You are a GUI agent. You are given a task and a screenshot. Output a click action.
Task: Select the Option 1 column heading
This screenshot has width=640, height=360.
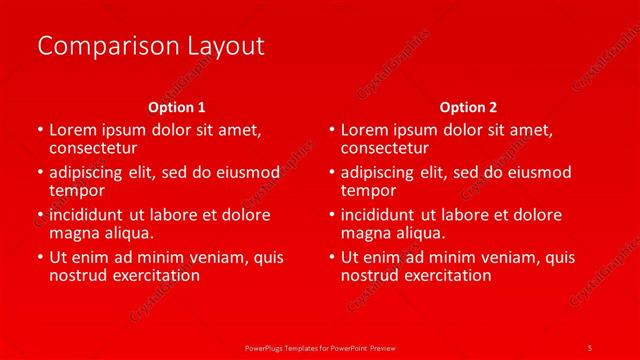coord(177,107)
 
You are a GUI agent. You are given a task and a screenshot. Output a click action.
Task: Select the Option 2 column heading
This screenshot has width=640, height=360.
coord(468,107)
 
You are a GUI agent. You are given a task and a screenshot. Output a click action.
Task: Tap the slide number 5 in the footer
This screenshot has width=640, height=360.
coord(590,347)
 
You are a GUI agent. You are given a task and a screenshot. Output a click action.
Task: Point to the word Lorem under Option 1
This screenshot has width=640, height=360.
coord(73,130)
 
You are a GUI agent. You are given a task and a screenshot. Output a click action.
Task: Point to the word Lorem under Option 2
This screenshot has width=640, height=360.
coord(365,130)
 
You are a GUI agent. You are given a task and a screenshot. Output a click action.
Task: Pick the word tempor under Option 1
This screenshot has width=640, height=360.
coord(76,190)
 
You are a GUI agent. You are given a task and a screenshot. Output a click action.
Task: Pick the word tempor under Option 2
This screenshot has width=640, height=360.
coord(368,190)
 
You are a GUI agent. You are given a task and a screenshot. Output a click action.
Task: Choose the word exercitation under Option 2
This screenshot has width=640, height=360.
coord(441,275)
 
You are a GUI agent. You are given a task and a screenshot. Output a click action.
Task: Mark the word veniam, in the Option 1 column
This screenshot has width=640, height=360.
coord(227,257)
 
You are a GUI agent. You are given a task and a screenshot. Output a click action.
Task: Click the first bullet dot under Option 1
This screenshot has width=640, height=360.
coord(40,131)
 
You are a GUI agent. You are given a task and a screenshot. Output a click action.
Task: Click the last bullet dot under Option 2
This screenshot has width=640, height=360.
coord(332,258)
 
